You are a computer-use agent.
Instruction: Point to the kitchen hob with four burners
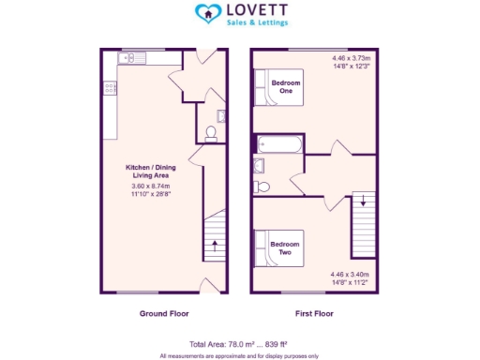pyautogui.click(x=111, y=88)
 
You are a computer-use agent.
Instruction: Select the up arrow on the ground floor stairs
pyautogui.click(x=215, y=246)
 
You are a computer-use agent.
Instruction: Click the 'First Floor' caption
pyautogui.click(x=314, y=313)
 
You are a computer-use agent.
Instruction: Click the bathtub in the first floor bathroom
pyautogui.click(x=278, y=145)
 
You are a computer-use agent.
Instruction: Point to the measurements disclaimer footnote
pyautogui.click(x=239, y=355)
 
